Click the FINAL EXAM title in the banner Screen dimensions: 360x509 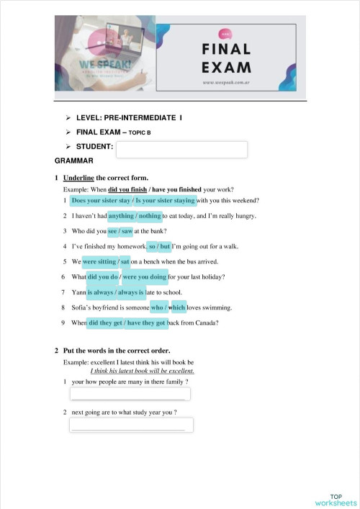[227, 58]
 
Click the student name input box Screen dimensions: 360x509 [181, 150]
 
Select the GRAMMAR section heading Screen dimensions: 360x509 [74, 161]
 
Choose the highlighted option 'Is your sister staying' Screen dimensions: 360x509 [165, 201]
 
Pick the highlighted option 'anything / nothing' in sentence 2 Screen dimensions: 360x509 [134, 216]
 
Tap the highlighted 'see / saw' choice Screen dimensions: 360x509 [120, 231]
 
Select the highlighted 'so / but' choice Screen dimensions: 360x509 [158, 246]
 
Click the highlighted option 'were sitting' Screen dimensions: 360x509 [99, 261]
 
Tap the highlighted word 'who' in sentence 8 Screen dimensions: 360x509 [157, 307]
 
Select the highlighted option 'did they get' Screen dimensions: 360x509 [104, 323]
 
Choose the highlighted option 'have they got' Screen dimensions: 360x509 [146, 323]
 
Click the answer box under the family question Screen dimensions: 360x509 [130, 394]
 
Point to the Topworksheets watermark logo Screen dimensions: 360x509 [335, 500]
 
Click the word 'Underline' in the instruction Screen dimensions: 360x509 [79, 177]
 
